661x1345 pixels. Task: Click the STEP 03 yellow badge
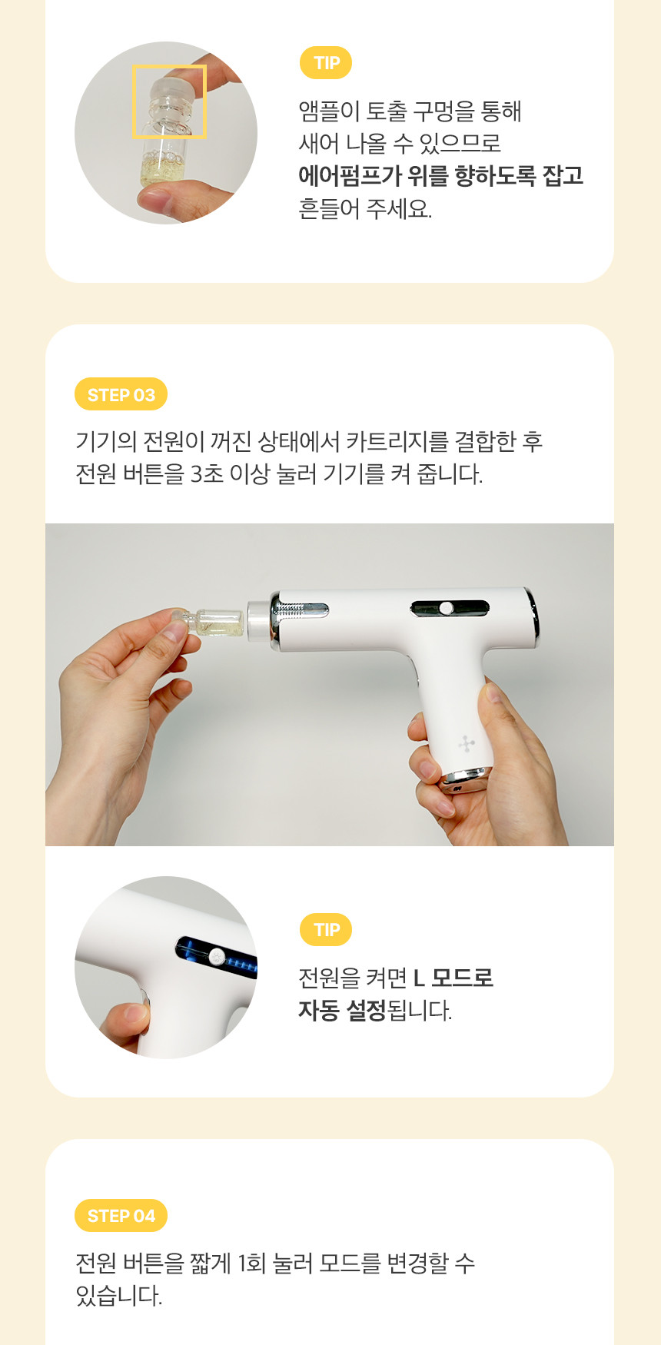click(x=121, y=394)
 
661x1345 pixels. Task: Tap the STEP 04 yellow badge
click(x=121, y=1215)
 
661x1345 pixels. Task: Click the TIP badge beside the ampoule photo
click(x=326, y=63)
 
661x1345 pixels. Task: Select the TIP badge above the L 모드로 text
click(x=326, y=930)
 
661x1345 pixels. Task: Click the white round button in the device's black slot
click(x=446, y=609)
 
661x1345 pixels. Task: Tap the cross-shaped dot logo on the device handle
click(x=467, y=743)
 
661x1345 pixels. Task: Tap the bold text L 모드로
click(x=453, y=978)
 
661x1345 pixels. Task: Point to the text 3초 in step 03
click(x=207, y=474)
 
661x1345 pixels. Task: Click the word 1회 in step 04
click(x=251, y=1263)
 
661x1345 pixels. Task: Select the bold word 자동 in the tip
click(x=318, y=1010)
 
